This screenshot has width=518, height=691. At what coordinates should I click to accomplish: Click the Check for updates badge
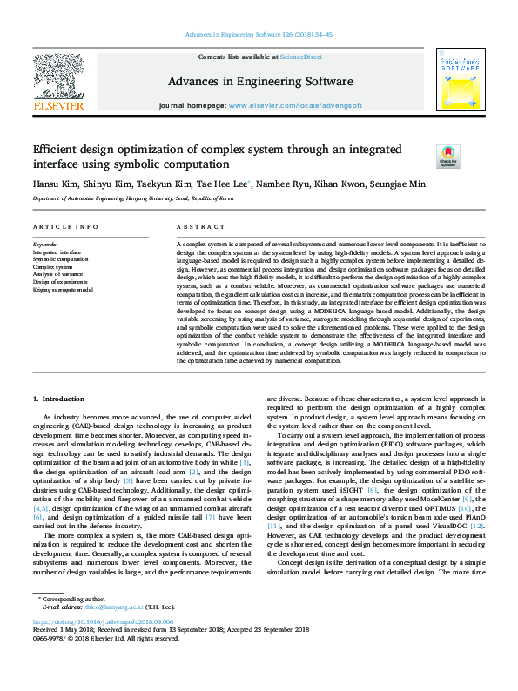pos(447,157)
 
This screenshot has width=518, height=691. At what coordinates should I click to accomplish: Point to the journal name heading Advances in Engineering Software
pos(259,81)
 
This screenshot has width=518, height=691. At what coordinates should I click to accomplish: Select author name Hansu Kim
pos(55,184)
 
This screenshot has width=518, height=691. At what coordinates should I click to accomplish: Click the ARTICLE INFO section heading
pos(65,227)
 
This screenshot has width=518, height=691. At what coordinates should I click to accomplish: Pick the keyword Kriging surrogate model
pos(64,290)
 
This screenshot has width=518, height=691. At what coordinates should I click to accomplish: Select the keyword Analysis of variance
pos(59,275)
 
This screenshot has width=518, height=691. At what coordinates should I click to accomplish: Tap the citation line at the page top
pos(259,35)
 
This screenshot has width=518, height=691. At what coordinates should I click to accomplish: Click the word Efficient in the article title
pos(58,150)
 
